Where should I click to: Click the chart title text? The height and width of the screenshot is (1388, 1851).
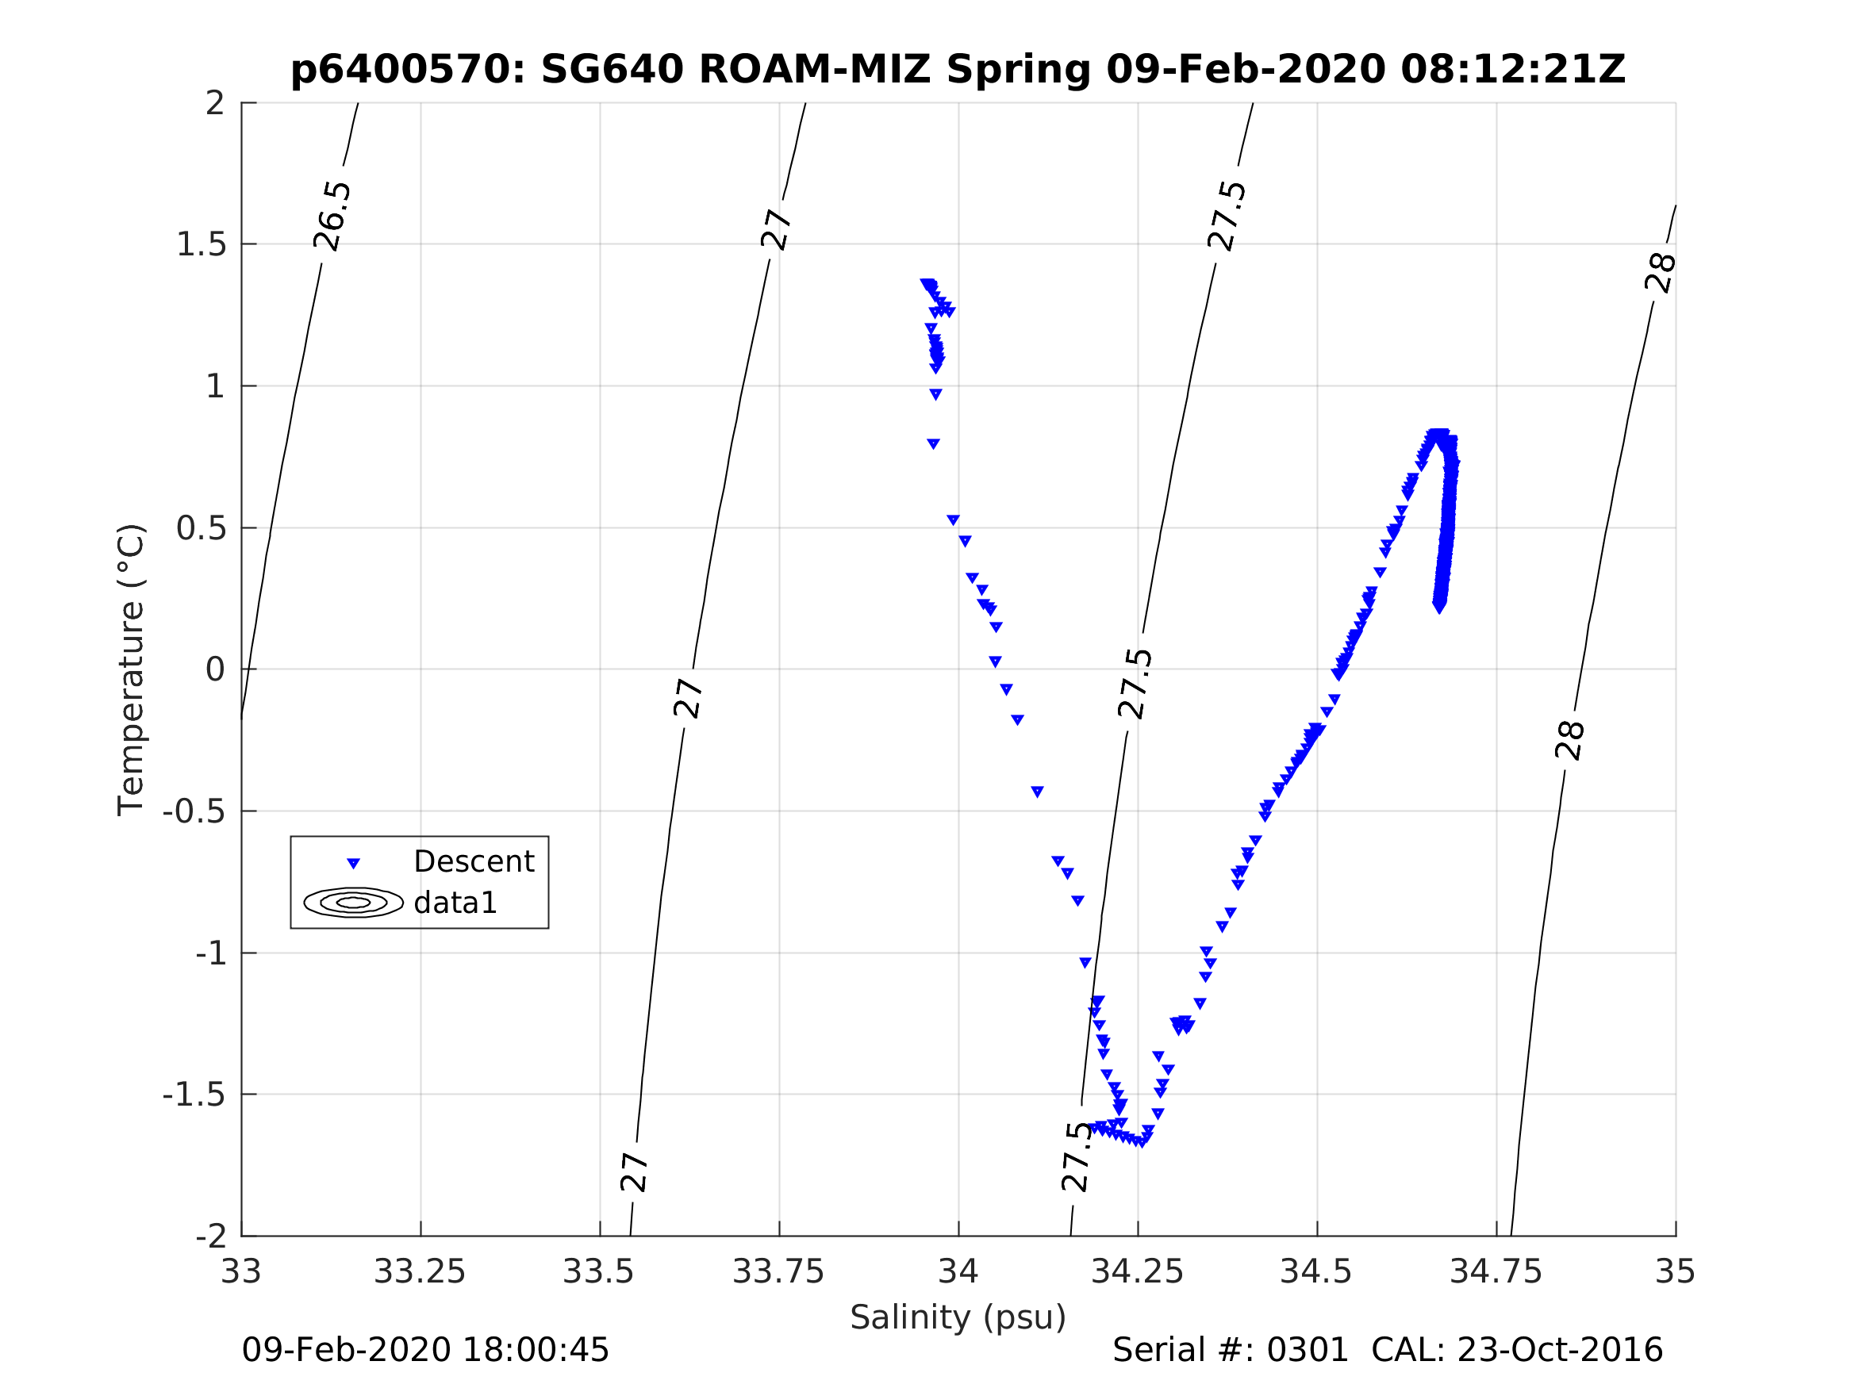pyautogui.click(x=958, y=70)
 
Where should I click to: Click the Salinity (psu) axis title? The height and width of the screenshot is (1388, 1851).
pyautogui.click(x=958, y=1317)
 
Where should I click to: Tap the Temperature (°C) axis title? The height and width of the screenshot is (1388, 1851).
pyautogui.click(x=132, y=669)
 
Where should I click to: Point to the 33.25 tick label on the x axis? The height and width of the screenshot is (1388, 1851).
pyautogui.click(x=419, y=1272)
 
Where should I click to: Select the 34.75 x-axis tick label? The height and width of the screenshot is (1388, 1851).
pyautogui.click(x=1496, y=1272)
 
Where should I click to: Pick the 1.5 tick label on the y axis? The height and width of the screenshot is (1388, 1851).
pyautogui.click(x=201, y=244)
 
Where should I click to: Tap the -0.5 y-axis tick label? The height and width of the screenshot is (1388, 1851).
pyautogui.click(x=194, y=811)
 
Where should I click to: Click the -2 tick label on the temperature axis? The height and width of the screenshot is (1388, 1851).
pyautogui.click(x=210, y=1237)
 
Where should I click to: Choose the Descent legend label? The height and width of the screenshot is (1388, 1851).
pyautogui.click(x=474, y=861)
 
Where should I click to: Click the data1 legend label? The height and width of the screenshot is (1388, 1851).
pyautogui.click(x=455, y=903)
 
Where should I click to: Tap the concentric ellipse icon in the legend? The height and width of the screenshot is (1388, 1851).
pyautogui.click(x=353, y=903)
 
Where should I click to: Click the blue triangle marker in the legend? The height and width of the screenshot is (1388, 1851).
pyautogui.click(x=353, y=864)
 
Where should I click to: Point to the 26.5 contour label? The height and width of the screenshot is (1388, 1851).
pyautogui.click(x=332, y=216)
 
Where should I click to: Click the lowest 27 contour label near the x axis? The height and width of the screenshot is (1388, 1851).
pyautogui.click(x=634, y=1173)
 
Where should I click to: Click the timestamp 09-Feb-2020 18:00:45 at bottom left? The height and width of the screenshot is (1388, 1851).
pyautogui.click(x=425, y=1351)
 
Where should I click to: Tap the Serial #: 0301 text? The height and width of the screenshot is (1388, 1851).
pyautogui.click(x=1230, y=1351)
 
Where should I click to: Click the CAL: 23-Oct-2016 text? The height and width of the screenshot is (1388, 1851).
pyautogui.click(x=1516, y=1351)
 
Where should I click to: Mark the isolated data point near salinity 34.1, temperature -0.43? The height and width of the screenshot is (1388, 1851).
pyautogui.click(x=1037, y=792)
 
